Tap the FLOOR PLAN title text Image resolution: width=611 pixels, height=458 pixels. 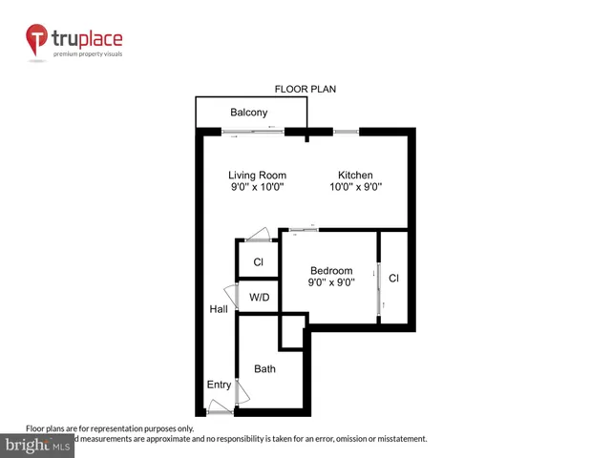tap(305, 89)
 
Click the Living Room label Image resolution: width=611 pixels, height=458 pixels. tap(257, 176)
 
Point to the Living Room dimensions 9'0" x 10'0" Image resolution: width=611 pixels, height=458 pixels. tap(257, 188)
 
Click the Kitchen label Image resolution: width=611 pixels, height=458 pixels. tap(354, 176)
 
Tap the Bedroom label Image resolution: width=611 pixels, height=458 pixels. tap(330, 271)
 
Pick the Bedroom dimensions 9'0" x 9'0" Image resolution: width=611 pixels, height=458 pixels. tap(330, 282)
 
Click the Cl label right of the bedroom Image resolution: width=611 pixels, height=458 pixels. tap(393, 279)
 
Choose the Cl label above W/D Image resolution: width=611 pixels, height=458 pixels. tap(258, 262)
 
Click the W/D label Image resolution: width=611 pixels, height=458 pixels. tap(259, 297)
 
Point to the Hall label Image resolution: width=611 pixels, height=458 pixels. tap(219, 309)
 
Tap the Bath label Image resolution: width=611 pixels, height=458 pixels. tap(264, 368)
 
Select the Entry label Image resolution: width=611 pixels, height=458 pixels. tap(219, 385)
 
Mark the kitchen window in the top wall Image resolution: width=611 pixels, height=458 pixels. tap(346, 131)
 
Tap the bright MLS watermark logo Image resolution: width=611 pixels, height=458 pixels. tap(38, 446)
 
